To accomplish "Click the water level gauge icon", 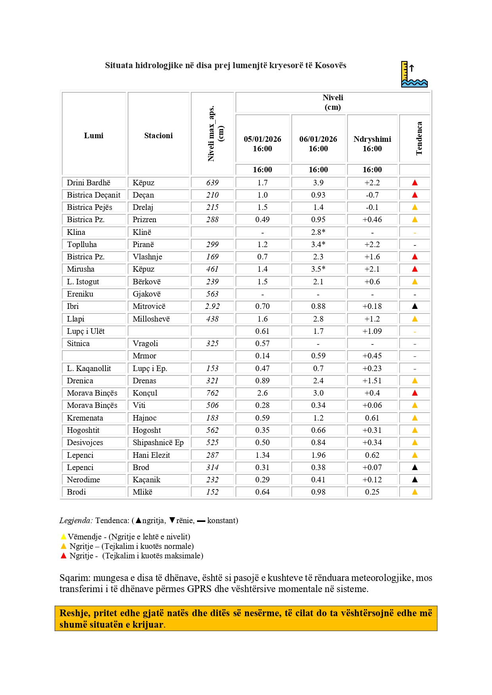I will pos(414,74).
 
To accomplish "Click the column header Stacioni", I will pos(158,135).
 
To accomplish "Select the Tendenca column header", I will pos(419,138).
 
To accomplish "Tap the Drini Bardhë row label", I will pos(88,183).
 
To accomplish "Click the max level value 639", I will pos(212,183).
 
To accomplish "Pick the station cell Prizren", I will pos(144,219).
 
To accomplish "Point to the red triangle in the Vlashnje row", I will pos(415,257).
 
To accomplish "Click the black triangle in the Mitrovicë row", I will pos(415,306).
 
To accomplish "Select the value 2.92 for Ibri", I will pos(212,306).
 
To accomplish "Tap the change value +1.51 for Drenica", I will pos(372,381).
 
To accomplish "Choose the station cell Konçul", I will pos(145,393).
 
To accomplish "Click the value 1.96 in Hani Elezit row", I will pos(318,455).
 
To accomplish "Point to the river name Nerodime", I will pos(83,480).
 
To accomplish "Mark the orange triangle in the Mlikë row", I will pos(415,492).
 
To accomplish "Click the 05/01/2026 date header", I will pos(262,139).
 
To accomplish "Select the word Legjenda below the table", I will pos(76,520).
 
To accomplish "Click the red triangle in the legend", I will pos(63,556).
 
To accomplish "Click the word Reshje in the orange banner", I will pos(75,613).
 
